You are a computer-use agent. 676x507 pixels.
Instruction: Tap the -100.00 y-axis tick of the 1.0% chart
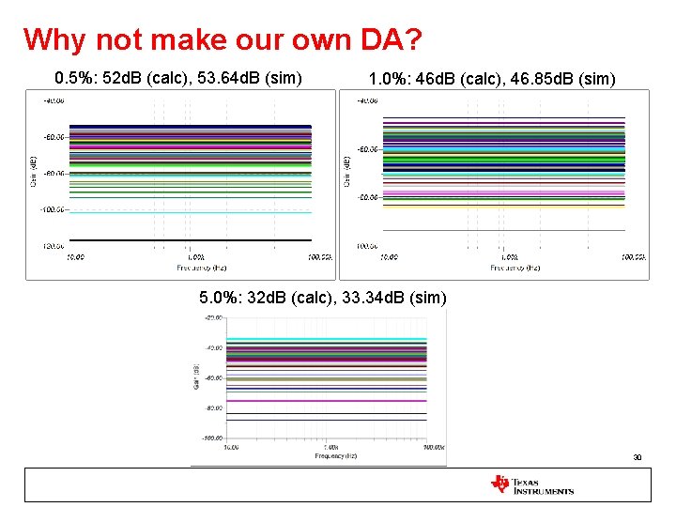[367, 246]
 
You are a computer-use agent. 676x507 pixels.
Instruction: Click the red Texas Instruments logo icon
[499, 484]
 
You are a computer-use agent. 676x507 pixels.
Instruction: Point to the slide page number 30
[637, 458]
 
